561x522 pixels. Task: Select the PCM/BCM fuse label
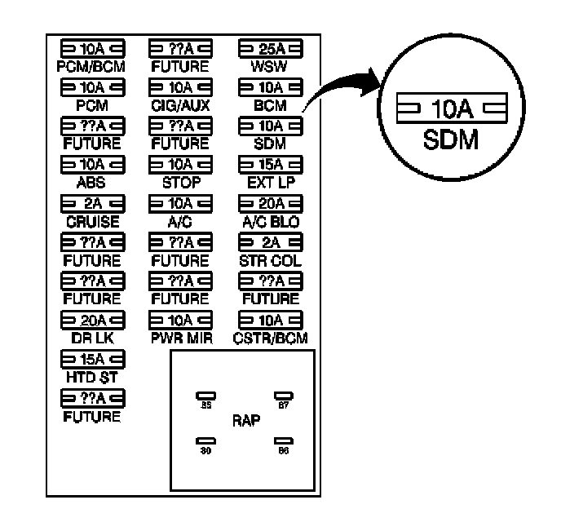tap(91, 66)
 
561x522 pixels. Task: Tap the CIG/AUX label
tap(179, 105)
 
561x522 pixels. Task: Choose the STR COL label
tap(269, 261)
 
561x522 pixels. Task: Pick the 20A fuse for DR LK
tap(91, 320)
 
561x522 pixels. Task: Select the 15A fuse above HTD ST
tap(91, 359)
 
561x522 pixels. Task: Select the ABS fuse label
tap(91, 184)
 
